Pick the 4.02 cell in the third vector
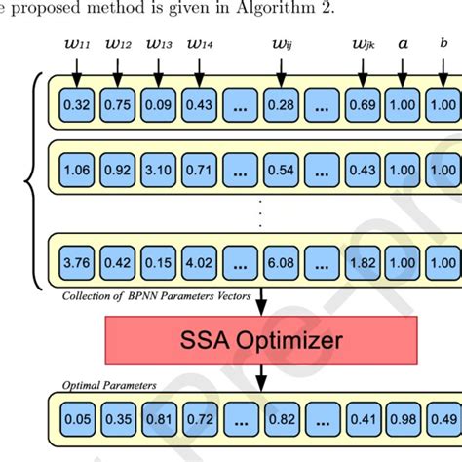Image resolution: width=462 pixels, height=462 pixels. (200, 260)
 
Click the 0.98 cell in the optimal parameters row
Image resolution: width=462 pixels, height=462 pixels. (404, 420)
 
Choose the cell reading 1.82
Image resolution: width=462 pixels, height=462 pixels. (363, 260)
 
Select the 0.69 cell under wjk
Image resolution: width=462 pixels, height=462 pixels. (363, 104)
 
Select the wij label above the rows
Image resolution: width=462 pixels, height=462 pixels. (281, 43)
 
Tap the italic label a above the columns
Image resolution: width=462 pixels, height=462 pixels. (404, 43)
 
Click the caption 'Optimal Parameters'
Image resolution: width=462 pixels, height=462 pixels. (108, 385)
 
